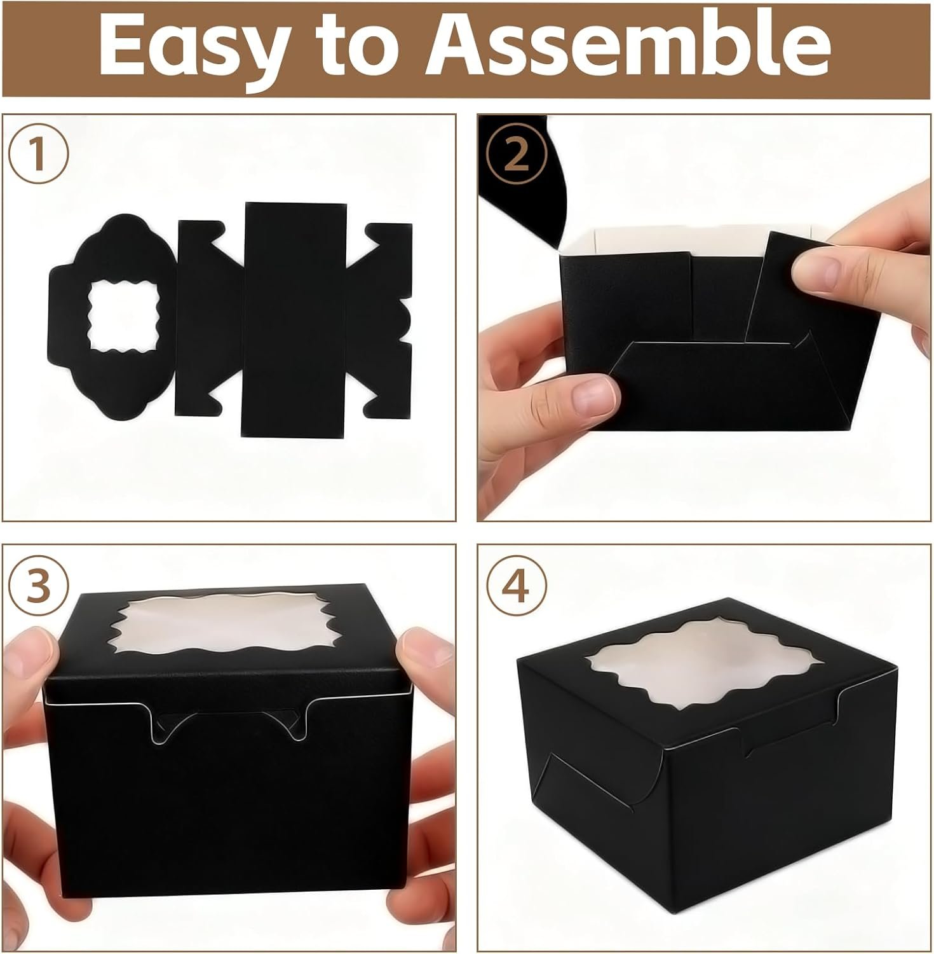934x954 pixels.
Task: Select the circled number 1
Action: coord(38,155)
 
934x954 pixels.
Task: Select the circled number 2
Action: coord(517,155)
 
